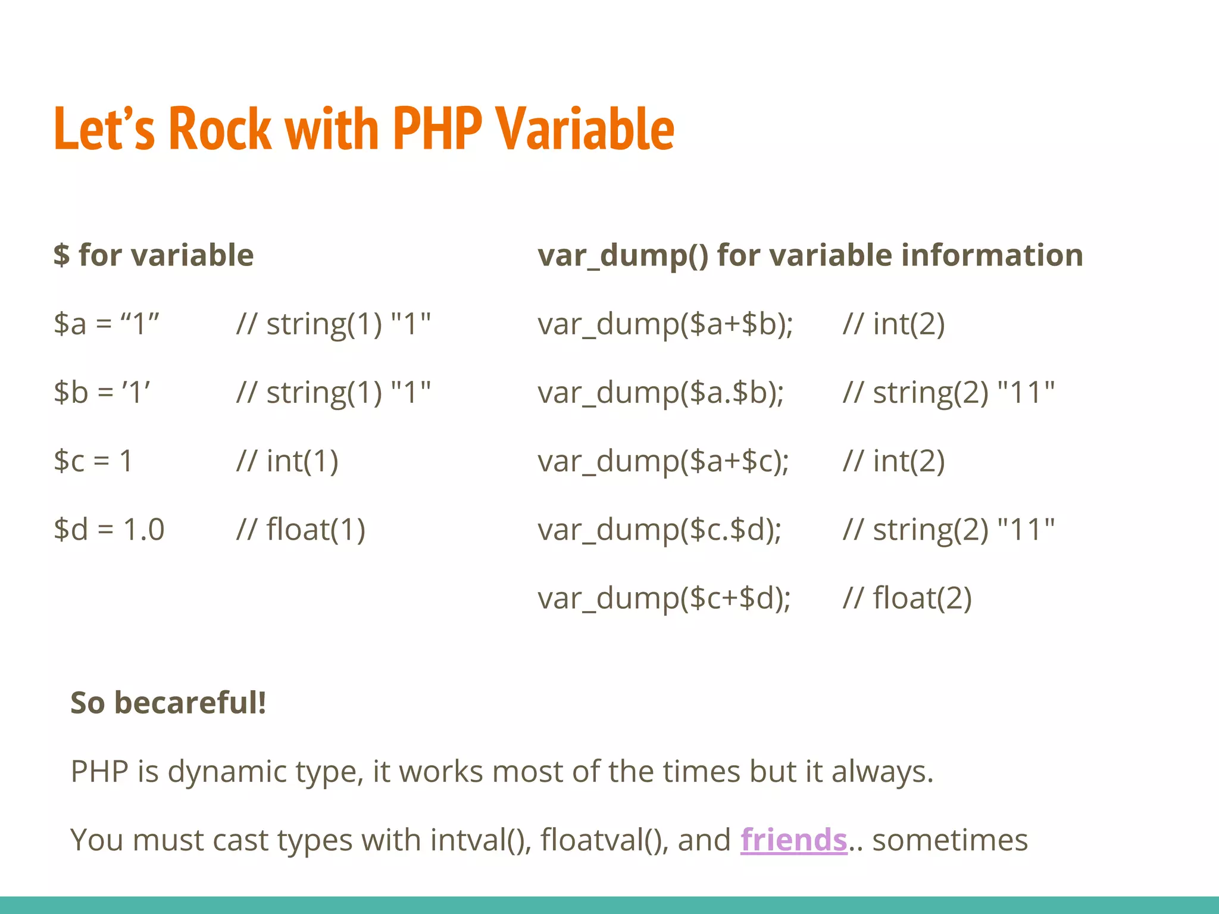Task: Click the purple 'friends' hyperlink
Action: click(x=793, y=840)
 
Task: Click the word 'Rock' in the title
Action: click(x=220, y=129)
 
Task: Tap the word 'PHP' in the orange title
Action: click(x=437, y=129)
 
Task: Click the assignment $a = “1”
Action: click(x=107, y=324)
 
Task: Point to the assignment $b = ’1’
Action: click(x=102, y=393)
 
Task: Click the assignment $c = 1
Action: click(x=93, y=461)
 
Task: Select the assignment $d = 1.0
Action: click(x=109, y=530)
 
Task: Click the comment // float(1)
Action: click(x=301, y=530)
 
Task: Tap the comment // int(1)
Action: click(x=287, y=461)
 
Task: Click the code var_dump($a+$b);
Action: click(x=665, y=325)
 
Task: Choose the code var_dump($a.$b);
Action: click(x=661, y=393)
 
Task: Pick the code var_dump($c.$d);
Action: click(x=659, y=530)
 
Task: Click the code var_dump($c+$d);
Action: click(x=664, y=599)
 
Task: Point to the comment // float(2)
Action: click(x=907, y=599)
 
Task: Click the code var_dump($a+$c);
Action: click(x=663, y=462)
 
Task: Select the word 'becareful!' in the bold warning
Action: click(x=190, y=703)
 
